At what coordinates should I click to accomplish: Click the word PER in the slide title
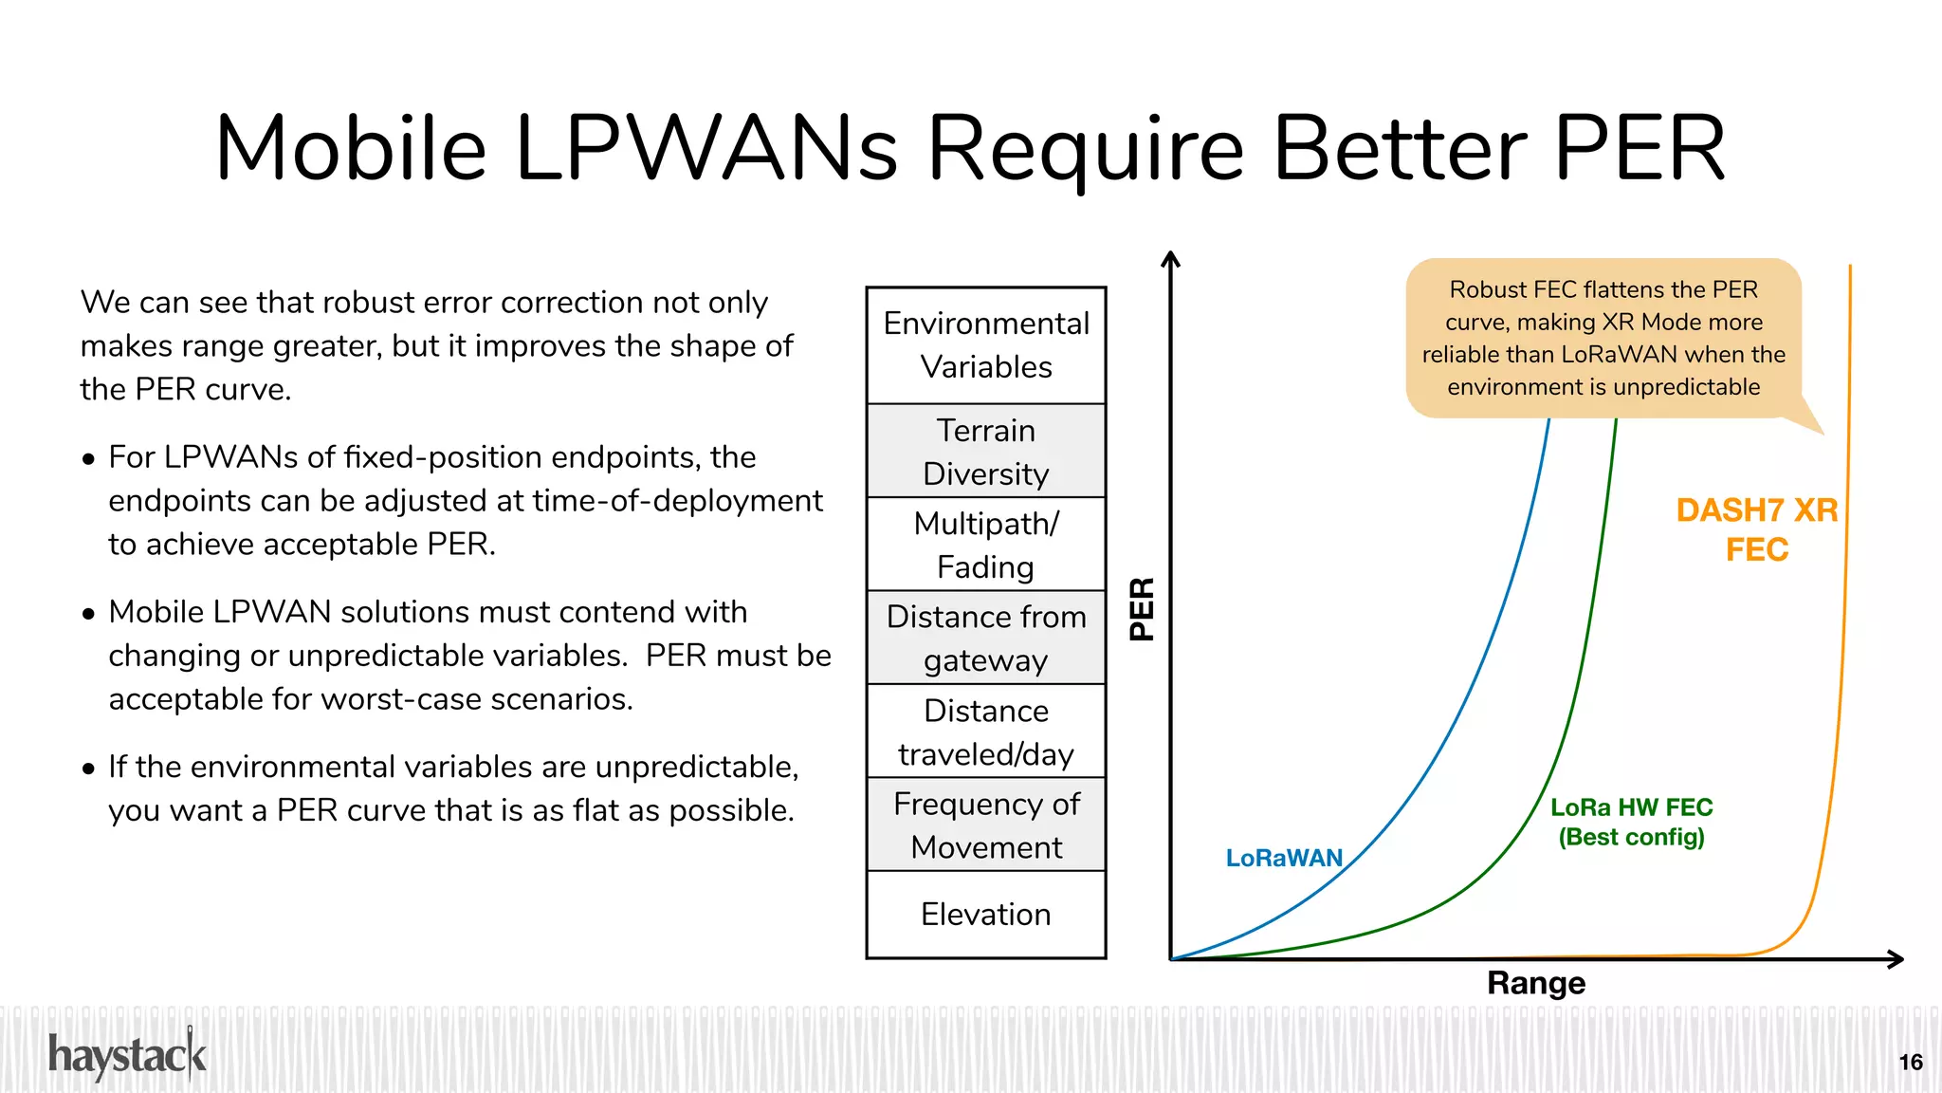coord(1640,149)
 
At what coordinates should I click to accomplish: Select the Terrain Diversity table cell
coord(986,452)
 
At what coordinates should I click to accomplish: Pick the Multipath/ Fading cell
coord(986,545)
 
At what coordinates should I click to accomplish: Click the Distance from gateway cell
coord(986,638)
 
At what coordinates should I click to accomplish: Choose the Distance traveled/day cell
coord(986,732)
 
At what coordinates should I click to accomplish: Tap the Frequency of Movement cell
coord(986,824)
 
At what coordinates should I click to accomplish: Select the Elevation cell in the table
coord(986,914)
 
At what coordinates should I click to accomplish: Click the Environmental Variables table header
coord(986,345)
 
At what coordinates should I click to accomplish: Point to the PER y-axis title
coord(1143,609)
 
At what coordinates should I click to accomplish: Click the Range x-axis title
coord(1536,983)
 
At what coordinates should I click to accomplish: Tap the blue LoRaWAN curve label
coord(1284,858)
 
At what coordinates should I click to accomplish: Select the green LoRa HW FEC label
coord(1632,822)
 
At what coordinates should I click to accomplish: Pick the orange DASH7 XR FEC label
coord(1757,529)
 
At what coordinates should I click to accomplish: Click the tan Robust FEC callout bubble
coord(1603,338)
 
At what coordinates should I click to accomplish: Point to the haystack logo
coord(127,1055)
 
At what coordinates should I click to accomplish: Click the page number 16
coord(1911,1062)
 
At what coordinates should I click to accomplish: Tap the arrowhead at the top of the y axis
coord(1171,258)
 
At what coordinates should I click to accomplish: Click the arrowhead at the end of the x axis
coord(1896,959)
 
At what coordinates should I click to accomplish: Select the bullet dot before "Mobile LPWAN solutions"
coord(89,614)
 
